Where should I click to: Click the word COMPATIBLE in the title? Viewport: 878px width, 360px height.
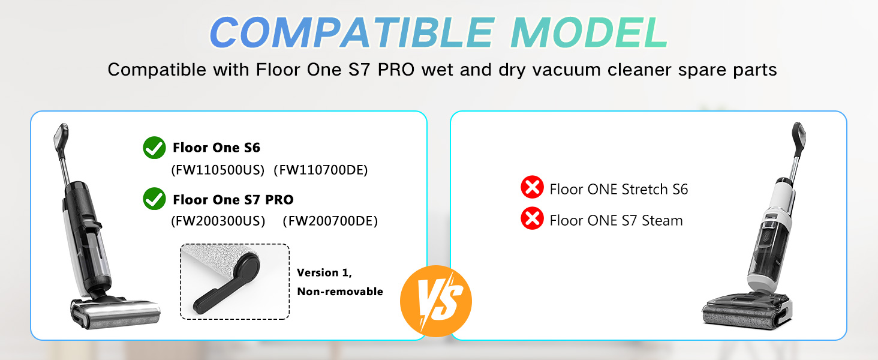coord(352,32)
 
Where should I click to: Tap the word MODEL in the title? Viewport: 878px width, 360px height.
coord(589,32)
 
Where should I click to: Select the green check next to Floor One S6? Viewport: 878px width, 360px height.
coord(154,148)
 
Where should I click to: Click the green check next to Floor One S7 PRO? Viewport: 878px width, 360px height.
coord(154,199)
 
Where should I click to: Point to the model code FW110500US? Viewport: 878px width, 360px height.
coord(218,170)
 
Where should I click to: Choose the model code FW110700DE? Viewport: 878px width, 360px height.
coord(321,170)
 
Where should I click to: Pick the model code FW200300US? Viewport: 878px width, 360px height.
coord(218,221)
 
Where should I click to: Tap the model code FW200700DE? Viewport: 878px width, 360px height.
coord(330,221)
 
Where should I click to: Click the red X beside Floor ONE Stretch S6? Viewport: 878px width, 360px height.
coord(532,187)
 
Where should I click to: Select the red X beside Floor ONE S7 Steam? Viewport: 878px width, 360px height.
coord(532,218)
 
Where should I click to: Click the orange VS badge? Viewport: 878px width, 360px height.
coord(436,301)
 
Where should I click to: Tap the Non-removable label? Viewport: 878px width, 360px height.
coord(340,292)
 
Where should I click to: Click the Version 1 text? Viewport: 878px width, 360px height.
coord(324,272)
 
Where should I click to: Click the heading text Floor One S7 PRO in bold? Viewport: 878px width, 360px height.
coord(233,200)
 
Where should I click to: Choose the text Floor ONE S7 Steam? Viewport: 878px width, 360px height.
coord(616,220)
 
